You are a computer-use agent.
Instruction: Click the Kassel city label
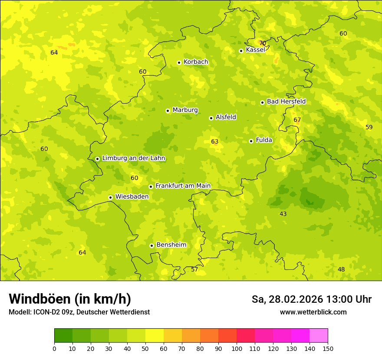coord(255,50)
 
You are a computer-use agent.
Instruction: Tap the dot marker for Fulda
coord(251,141)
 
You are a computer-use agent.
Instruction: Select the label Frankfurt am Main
coord(183,186)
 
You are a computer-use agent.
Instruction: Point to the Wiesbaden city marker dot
coord(111,197)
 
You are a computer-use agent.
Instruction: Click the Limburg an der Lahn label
coord(133,158)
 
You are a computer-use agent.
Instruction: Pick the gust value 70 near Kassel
coord(262,43)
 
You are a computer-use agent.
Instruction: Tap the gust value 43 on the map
coord(283,214)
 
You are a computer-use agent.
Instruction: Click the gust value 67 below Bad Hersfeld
coord(297,120)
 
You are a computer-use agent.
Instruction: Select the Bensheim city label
coord(171,245)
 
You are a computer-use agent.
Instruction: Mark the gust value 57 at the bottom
coord(194,269)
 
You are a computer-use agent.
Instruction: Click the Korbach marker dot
coord(179,62)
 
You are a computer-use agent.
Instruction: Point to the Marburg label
coord(185,110)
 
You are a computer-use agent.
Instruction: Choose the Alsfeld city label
coord(226,117)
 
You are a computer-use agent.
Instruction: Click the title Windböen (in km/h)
coord(70,299)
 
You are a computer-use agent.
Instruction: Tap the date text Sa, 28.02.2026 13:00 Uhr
coord(311,299)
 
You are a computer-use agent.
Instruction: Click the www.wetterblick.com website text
coord(313,312)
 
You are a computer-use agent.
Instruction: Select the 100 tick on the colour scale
coord(237,348)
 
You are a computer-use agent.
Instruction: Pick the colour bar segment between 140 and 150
coord(319,336)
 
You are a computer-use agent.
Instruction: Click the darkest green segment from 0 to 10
coord(63,336)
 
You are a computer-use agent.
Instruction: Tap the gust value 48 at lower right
coord(341,269)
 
